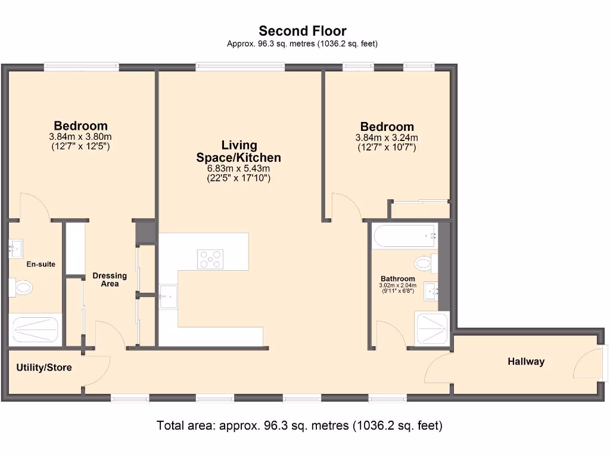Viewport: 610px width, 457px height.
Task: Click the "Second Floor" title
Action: coord(302,31)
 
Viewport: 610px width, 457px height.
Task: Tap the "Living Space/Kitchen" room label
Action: coord(239,151)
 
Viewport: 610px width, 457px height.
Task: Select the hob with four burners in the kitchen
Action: coord(210,259)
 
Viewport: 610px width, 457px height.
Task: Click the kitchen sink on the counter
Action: coord(168,296)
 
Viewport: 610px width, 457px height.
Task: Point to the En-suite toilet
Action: coord(23,288)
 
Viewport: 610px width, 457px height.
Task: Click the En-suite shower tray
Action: coord(36,329)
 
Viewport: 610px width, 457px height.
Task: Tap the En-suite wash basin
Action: coord(15,247)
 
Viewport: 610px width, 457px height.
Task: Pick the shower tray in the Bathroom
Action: coord(432,329)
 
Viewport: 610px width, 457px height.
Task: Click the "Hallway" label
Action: coord(526,361)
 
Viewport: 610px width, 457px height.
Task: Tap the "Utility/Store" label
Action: coord(44,368)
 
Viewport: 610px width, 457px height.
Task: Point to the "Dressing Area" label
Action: coord(110,280)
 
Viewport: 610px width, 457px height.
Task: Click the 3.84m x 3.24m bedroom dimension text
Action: coord(387,138)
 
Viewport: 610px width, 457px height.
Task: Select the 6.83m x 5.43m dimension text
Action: coord(238,169)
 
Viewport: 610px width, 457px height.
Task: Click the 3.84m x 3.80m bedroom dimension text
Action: coord(80,137)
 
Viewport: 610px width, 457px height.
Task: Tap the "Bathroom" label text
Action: coord(398,278)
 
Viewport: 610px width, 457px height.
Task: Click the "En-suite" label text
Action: coord(41,264)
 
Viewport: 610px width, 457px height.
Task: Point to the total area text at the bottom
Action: coord(300,425)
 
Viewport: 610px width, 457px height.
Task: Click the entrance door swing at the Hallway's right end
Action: coord(587,363)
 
